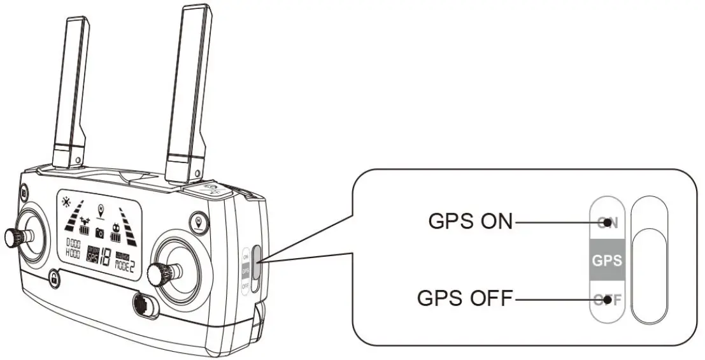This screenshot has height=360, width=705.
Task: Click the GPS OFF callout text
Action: point(464,298)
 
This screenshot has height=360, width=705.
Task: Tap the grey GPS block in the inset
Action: point(606,260)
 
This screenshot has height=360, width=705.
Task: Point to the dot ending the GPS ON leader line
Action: point(609,222)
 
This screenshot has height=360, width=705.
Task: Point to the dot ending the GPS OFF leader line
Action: point(609,298)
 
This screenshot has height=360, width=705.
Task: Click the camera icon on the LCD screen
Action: point(99,233)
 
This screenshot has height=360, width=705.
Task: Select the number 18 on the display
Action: point(104,255)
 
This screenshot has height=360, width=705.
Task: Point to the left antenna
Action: point(72,89)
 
